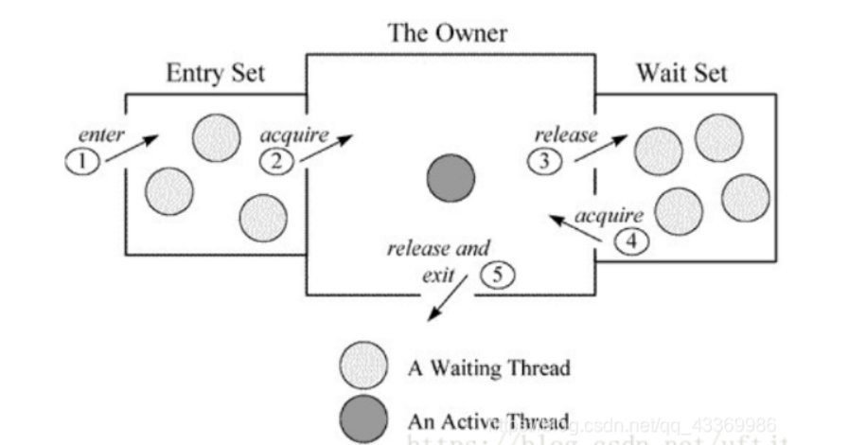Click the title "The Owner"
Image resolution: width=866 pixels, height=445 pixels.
click(x=448, y=34)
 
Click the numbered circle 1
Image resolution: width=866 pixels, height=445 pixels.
click(x=82, y=161)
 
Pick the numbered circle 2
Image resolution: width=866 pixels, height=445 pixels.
click(x=276, y=160)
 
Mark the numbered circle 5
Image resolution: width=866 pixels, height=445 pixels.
click(x=494, y=276)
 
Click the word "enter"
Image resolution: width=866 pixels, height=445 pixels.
click(x=99, y=135)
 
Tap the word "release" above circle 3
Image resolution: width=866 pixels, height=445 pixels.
click(x=566, y=134)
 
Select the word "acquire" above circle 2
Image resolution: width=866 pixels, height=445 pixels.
click(x=294, y=134)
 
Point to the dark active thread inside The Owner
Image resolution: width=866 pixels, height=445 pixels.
click(x=448, y=179)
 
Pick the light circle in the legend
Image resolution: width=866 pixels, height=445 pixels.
click(x=364, y=366)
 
